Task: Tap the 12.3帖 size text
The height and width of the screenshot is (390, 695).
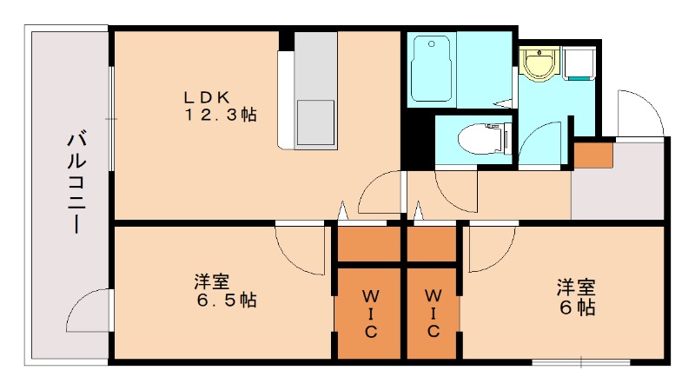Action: click(219, 115)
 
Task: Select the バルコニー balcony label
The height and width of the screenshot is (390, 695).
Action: click(76, 182)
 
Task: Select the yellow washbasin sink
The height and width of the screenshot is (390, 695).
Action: click(538, 63)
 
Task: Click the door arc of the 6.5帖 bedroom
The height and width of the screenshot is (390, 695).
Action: click(297, 247)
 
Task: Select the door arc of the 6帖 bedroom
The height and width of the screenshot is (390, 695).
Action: click(491, 248)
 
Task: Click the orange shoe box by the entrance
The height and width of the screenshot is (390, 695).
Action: click(592, 154)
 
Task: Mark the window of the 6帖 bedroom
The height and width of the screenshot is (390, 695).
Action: click(580, 360)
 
